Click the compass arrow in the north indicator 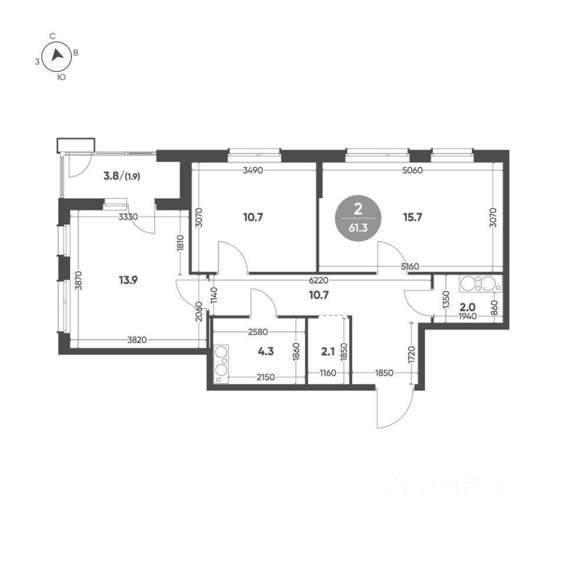[57, 55]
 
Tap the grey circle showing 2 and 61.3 [358, 218]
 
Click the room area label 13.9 [128, 279]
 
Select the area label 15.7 [413, 218]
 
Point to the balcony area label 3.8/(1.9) [121, 176]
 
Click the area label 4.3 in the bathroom [266, 351]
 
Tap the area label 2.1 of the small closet [328, 351]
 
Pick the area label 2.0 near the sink [467, 308]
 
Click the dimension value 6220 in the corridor [318, 280]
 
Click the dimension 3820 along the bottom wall [137, 340]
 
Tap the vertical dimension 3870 [80, 280]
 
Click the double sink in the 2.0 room [481, 284]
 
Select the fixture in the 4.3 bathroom [221, 364]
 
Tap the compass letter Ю [62, 77]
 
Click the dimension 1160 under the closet [328, 373]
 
